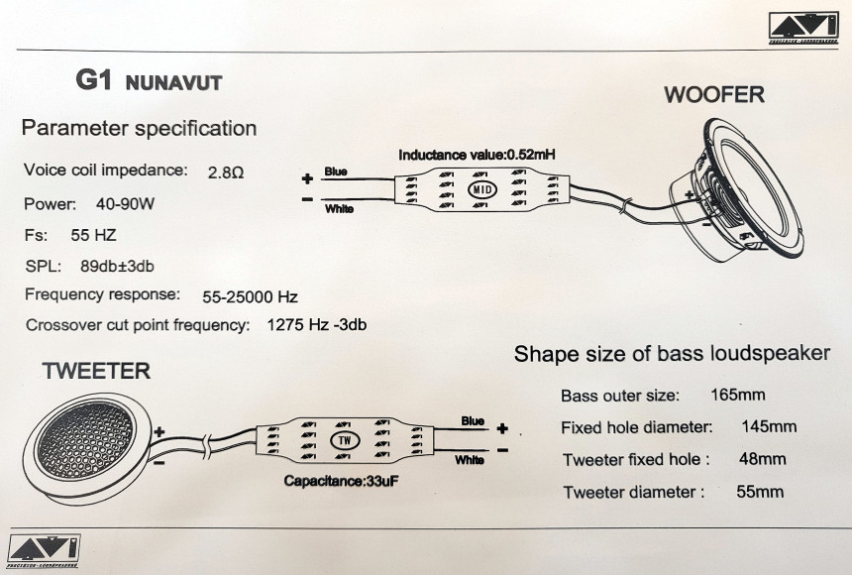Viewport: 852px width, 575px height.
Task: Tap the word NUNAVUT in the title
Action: tap(174, 83)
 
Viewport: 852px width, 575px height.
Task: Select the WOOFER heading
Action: tap(713, 95)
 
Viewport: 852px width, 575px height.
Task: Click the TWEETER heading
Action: tap(96, 372)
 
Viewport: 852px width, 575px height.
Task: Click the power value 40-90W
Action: tap(125, 204)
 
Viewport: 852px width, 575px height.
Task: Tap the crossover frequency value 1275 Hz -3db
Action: tap(317, 324)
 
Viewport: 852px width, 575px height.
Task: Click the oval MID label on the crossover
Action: tap(481, 188)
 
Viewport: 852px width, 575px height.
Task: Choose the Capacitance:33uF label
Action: tap(341, 481)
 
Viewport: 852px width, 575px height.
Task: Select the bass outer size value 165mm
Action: tap(738, 395)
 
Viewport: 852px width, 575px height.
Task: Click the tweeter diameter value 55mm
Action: tap(760, 491)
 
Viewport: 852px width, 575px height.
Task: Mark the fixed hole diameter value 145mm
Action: tap(769, 427)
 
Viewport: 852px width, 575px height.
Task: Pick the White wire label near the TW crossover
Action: tap(471, 460)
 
